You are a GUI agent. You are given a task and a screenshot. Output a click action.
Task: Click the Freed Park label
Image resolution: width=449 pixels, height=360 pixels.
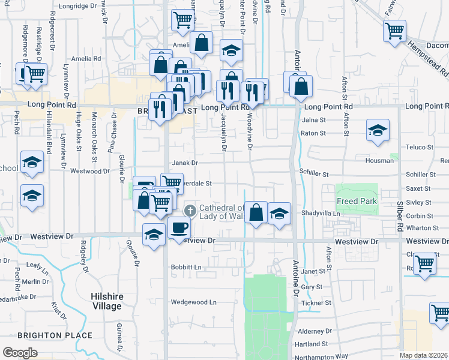357,201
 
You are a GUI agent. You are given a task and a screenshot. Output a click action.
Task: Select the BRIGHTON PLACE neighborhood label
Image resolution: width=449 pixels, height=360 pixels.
55,335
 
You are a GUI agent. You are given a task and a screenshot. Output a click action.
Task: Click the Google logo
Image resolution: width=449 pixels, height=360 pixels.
20,352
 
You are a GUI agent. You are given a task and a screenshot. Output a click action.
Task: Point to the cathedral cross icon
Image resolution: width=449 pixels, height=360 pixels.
190,210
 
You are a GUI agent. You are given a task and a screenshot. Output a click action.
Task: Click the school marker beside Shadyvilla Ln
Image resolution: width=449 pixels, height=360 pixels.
279,214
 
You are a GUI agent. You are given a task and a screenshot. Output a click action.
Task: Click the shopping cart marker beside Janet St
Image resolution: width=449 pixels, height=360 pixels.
425,263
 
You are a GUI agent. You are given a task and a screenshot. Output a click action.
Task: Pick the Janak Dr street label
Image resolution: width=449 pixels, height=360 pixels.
185,163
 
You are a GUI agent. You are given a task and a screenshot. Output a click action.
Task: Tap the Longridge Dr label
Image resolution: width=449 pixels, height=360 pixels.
78,5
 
